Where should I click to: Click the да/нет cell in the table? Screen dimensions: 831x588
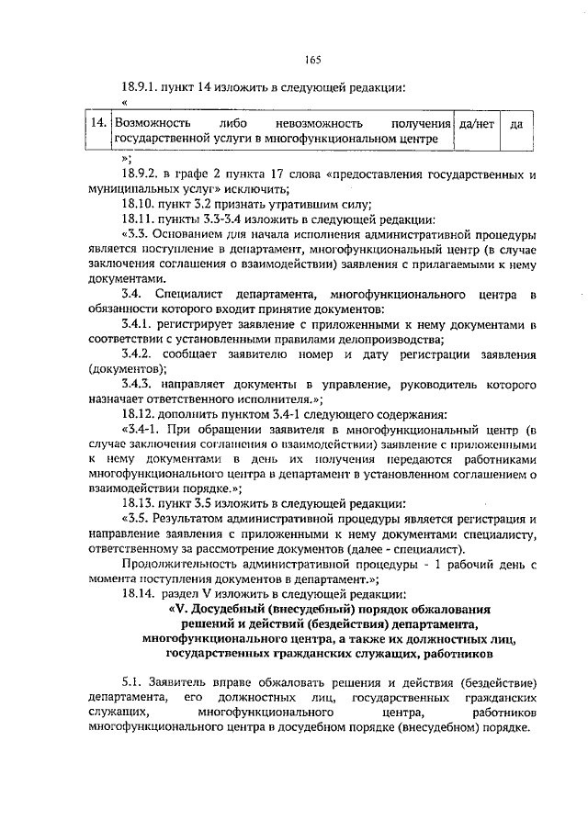tap(476, 123)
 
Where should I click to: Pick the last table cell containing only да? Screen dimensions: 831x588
tap(515, 123)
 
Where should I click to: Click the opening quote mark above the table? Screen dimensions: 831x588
tap(123, 103)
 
